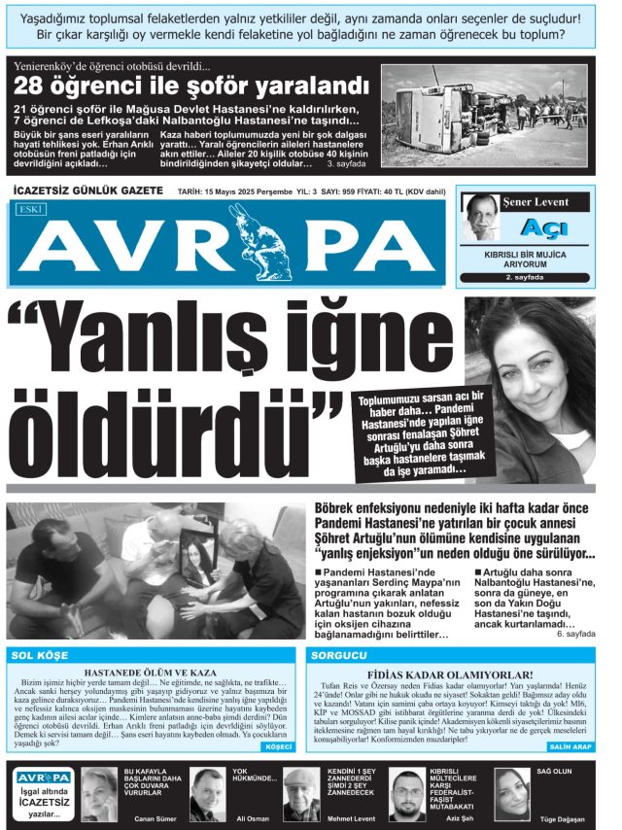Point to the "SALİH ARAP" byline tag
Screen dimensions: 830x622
(x=570, y=746)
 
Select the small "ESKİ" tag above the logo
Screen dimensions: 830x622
(x=30, y=208)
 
